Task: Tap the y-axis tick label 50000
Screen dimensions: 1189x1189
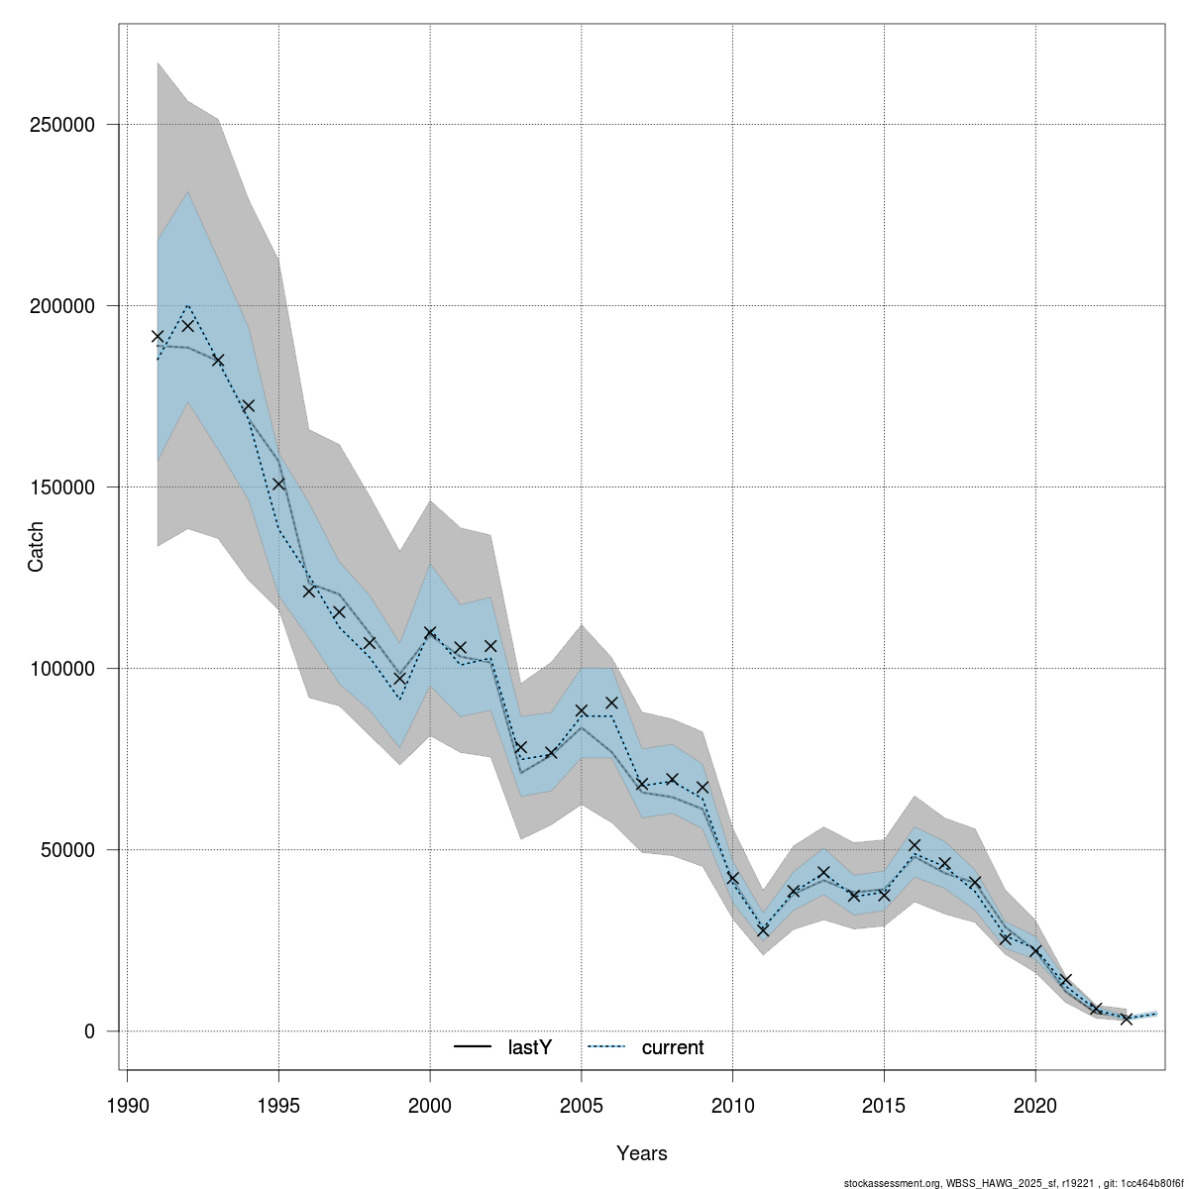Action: (72, 850)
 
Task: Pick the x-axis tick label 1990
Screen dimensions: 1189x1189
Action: (127, 1105)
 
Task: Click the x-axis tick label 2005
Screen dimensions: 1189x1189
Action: (582, 1105)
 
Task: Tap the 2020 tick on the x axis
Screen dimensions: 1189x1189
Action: (1035, 1105)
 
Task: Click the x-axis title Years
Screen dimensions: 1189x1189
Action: (642, 1153)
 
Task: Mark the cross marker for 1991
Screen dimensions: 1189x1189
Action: (158, 337)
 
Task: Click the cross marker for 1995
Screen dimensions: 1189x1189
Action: (278, 484)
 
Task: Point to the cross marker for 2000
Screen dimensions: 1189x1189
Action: (430, 632)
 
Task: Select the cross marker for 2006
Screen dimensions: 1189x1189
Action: (611, 703)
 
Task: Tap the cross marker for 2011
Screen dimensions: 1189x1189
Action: (763, 931)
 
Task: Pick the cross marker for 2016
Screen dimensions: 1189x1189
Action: (915, 845)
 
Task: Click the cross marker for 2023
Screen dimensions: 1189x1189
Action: (1127, 1019)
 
